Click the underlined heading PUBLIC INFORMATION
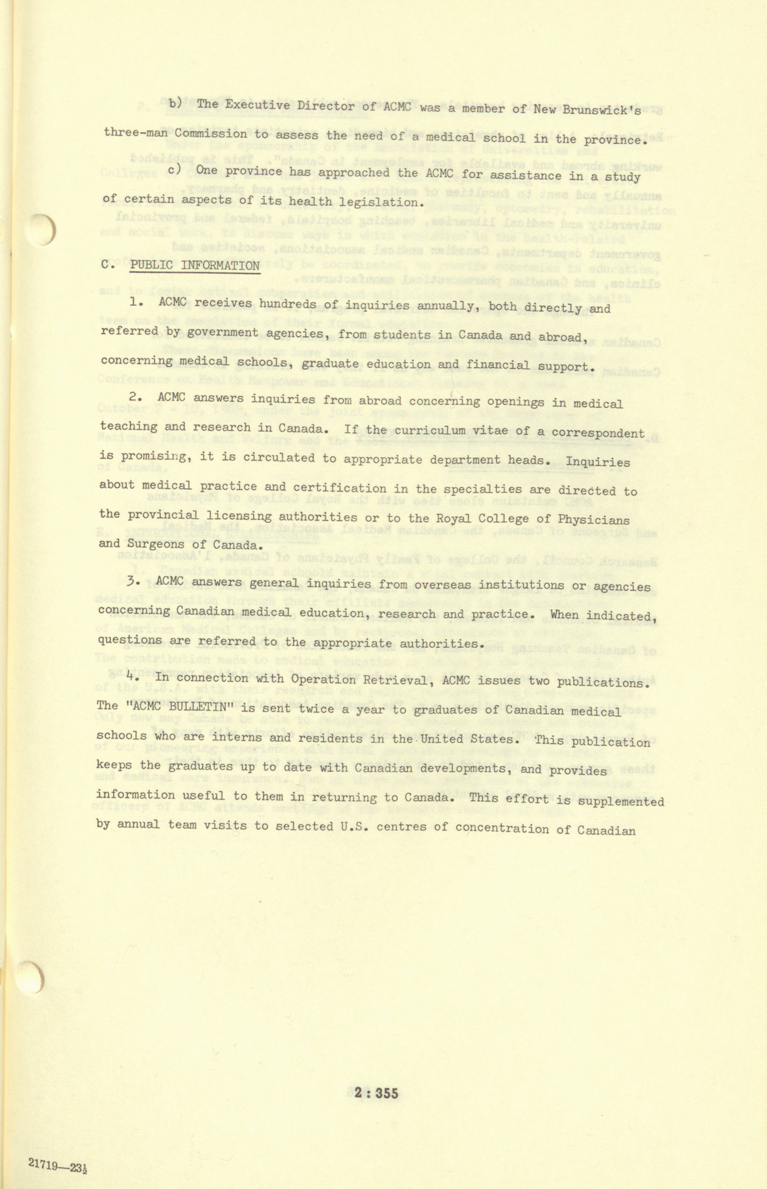[195, 265]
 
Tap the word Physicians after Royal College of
[594, 519]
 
